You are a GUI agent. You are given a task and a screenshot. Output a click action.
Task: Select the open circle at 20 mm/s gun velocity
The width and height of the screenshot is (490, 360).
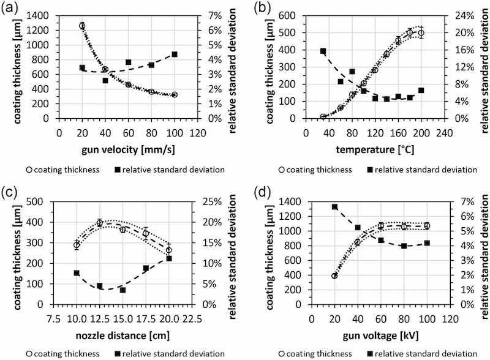[x=82, y=26]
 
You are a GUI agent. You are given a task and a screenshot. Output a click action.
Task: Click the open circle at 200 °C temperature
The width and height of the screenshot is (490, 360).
[x=421, y=33]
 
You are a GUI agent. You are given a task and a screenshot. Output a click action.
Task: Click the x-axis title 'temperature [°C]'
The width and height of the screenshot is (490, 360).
[x=375, y=149]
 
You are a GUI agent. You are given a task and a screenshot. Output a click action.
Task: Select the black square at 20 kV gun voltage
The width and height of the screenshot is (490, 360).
[x=334, y=207]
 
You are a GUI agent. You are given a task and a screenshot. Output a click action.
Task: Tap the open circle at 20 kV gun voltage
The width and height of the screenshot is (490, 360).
[x=334, y=276]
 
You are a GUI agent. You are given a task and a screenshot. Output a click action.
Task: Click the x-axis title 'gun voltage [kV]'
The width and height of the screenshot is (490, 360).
[x=375, y=335]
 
